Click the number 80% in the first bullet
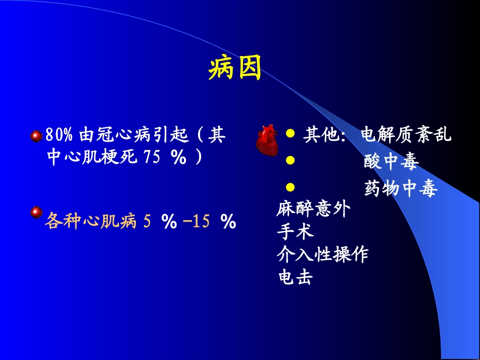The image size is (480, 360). pos(59,135)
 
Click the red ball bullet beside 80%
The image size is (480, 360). pos(36,135)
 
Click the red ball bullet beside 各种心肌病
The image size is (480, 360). pos(36,213)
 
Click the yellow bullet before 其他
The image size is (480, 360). pos(290,134)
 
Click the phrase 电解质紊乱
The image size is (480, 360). pos(406,135)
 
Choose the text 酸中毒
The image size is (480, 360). pos(391,162)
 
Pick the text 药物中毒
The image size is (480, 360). pos(400,189)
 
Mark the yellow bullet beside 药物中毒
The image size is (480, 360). pos(290,187)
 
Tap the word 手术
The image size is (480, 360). pos(295,232)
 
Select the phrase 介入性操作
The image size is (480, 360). pos(322,254)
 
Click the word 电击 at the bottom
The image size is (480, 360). pos(295,277)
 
